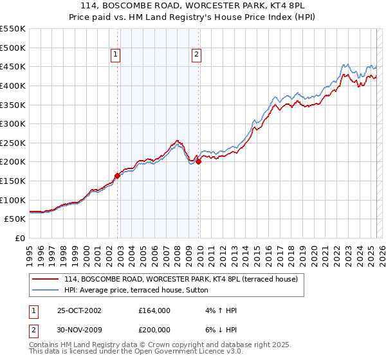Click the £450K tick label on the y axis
pyautogui.click(x=13, y=66)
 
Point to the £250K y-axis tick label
pyautogui.click(x=13, y=143)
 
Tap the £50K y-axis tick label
pyautogui.click(x=15, y=219)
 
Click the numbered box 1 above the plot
pyautogui.click(x=116, y=55)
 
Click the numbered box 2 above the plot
pyautogui.click(x=196, y=55)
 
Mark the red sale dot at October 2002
pyautogui.click(x=118, y=175)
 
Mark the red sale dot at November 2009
pyautogui.click(x=199, y=162)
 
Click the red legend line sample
pyautogui.click(x=46, y=280)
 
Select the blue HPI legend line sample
pyautogui.click(x=46, y=290)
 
